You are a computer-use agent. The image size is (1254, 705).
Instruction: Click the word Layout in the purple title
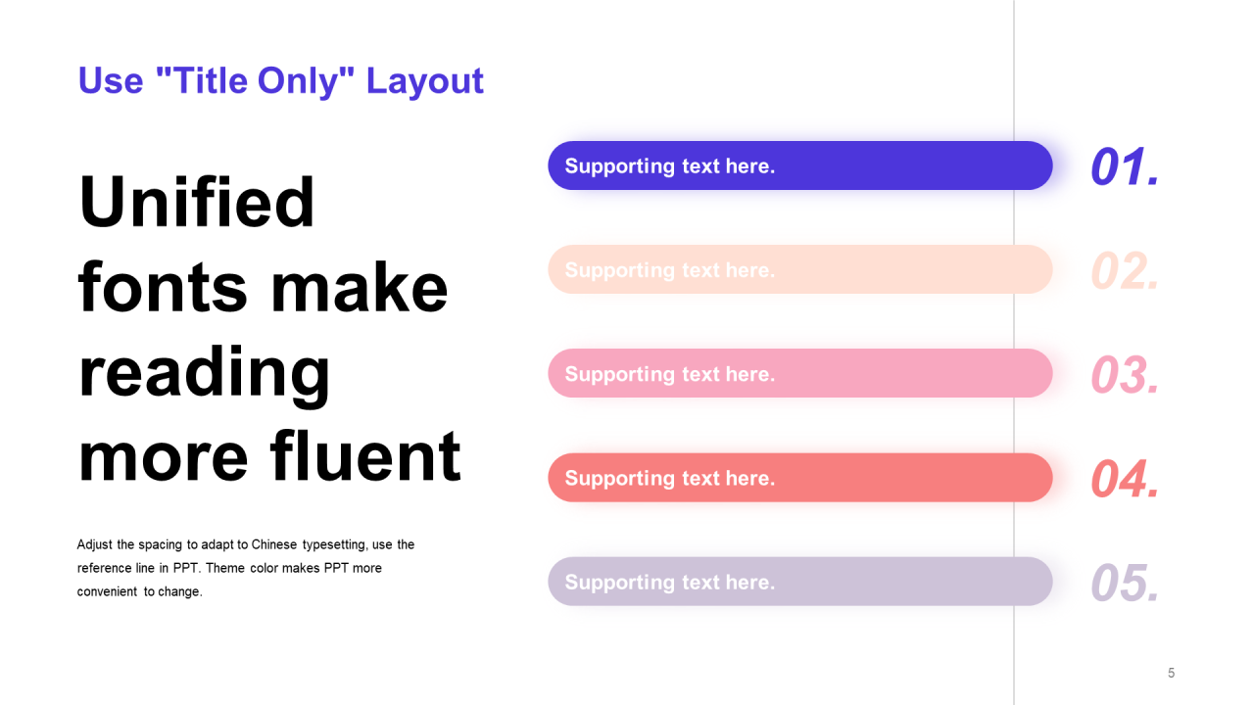(424, 81)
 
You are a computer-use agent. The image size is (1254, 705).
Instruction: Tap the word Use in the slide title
(111, 80)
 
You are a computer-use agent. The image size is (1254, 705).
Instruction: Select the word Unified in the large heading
(197, 202)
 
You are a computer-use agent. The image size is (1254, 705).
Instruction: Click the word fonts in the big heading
(163, 287)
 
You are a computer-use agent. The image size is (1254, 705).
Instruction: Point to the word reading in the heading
(205, 375)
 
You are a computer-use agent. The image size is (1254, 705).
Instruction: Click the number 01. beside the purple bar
(1125, 166)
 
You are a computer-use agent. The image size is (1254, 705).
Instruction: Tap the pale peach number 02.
(1125, 271)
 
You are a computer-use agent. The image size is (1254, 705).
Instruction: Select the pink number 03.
(1125, 374)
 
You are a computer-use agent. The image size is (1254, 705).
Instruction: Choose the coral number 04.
(1125, 479)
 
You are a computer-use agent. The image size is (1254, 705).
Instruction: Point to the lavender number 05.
(1125, 583)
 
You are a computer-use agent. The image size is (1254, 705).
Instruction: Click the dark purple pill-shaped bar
(800, 165)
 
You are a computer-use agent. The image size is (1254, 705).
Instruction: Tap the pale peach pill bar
(800, 269)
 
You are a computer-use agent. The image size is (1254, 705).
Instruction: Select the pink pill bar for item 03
(800, 373)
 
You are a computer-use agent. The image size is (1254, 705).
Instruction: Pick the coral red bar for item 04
(800, 477)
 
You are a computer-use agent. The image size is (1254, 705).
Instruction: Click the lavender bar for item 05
(800, 582)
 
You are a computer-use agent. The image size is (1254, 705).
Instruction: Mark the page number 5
(1171, 673)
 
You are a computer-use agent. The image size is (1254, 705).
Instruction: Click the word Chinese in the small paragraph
(273, 544)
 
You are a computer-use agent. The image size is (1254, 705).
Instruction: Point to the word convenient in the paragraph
(107, 591)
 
